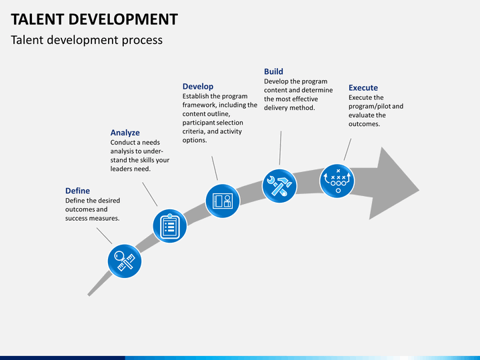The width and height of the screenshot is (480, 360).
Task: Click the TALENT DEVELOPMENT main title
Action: pos(94,19)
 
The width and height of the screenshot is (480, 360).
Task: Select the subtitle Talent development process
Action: pos(87,40)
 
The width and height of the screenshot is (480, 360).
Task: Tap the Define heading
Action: pos(77,191)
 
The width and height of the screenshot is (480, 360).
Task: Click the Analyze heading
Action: pos(125,133)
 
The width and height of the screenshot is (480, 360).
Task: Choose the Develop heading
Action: pos(198,86)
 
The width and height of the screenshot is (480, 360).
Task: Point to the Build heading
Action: pos(273,71)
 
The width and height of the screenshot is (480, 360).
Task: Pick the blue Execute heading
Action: pos(363,87)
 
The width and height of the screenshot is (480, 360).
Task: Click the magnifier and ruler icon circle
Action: pos(124,261)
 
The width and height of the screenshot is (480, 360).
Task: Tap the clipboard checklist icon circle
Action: pos(170,226)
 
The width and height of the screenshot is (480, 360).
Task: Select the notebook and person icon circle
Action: pos(222,201)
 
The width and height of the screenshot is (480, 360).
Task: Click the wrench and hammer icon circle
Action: pos(279,186)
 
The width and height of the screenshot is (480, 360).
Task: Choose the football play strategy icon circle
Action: pos(337,181)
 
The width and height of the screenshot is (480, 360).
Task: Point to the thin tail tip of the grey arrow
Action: pos(89,295)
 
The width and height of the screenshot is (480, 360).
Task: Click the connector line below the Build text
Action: pos(280,148)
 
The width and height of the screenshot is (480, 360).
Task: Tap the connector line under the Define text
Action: pos(105,236)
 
